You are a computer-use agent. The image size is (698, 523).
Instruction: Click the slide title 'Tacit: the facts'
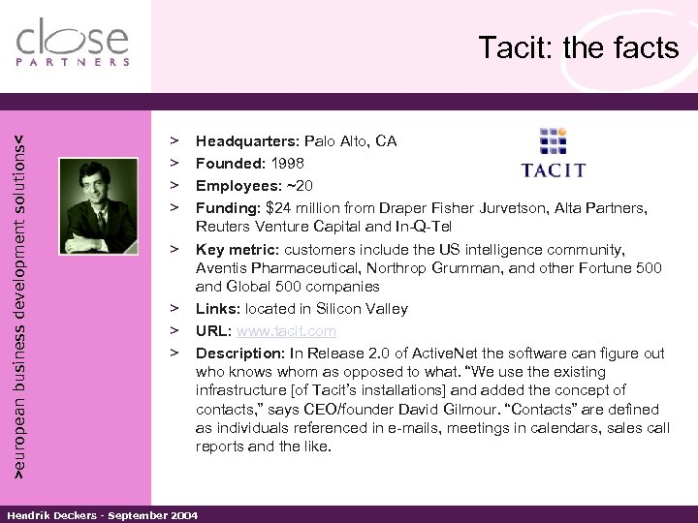pyautogui.click(x=579, y=48)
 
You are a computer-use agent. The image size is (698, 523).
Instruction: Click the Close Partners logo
pyautogui.click(x=73, y=43)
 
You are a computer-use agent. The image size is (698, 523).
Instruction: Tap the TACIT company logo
pyautogui.click(x=553, y=155)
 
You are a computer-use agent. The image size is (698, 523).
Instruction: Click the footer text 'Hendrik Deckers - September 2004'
pyautogui.click(x=102, y=514)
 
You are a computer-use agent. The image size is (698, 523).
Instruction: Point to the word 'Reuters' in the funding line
pyautogui.click(x=224, y=226)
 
